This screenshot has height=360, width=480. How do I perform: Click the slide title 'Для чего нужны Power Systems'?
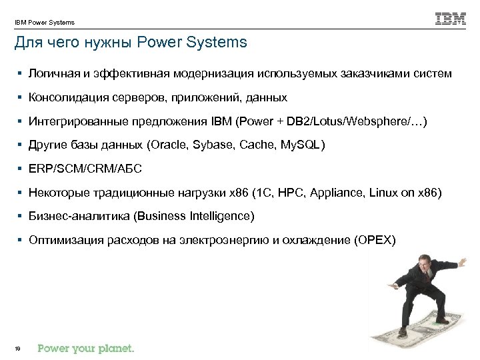click(131, 43)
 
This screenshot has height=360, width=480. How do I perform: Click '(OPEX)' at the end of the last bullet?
click(376, 241)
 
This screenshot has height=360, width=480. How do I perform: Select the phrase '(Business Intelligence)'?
click(199, 217)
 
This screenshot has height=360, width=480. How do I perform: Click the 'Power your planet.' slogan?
click(86, 347)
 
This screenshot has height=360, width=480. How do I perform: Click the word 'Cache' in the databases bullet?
click(256, 146)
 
